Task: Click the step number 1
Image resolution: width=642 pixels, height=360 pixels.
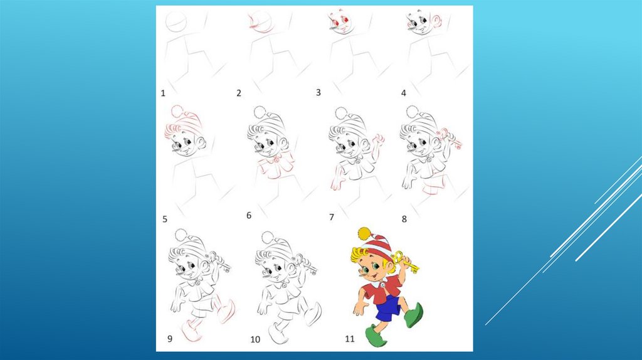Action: coord(163,93)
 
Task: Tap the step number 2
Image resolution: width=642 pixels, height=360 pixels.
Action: coord(239,93)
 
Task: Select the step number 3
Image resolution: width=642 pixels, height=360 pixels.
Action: coord(318,93)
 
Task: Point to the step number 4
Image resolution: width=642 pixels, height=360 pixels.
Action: coord(403,93)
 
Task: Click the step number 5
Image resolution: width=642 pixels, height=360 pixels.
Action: coord(165,219)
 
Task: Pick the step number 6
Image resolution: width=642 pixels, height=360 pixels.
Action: coord(248,215)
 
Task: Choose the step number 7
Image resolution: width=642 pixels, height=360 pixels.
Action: coord(332,217)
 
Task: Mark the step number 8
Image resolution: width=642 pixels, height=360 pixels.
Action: coord(404,219)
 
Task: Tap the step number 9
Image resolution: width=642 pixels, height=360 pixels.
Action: coord(169,339)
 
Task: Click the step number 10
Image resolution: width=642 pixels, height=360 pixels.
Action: coord(255,339)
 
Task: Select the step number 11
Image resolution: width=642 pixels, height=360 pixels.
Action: coord(349,339)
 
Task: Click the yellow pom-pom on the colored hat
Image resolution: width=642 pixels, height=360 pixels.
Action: coord(364,233)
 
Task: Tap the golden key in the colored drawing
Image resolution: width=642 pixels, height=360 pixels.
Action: coord(406,263)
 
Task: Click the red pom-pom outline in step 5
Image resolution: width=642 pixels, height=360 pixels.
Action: coord(177,112)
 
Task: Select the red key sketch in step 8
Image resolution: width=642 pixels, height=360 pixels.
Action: coord(450,139)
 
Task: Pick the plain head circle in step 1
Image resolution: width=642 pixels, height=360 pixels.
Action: coord(176,22)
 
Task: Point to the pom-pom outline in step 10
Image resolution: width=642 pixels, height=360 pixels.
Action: coord(267,238)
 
